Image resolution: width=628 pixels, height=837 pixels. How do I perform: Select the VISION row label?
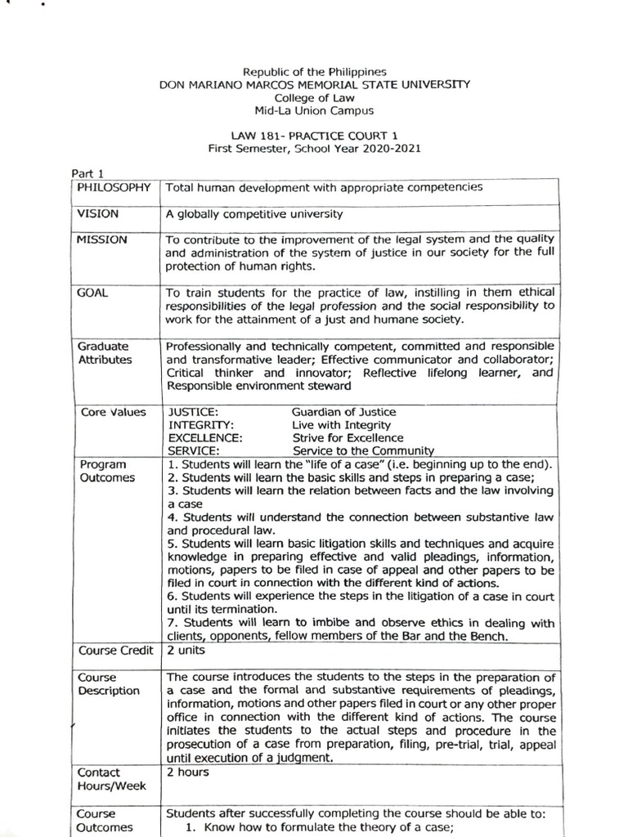pos(98,213)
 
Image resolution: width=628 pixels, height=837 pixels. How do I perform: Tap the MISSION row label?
pos(102,239)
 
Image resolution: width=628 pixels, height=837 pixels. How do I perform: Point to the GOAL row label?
pos(92,291)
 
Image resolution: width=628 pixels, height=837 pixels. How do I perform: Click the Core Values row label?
pos(114,412)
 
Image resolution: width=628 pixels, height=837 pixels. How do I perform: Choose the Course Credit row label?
pos(115,651)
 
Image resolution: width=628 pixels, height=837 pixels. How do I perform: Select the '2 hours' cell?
pos(188,772)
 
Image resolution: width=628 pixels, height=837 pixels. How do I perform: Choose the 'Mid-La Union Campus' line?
pos(314,110)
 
